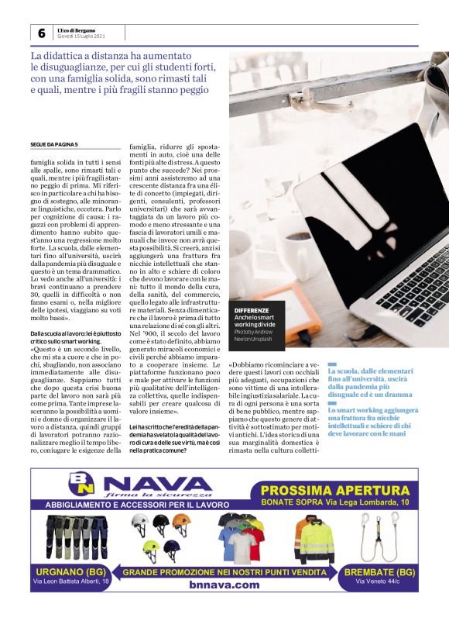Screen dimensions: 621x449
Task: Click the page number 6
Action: (40, 33)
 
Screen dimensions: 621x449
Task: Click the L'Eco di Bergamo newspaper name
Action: (81, 29)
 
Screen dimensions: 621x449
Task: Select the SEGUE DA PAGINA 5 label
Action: (54, 145)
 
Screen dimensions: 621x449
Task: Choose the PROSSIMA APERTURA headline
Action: (335, 490)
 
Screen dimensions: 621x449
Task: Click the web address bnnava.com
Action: (224, 585)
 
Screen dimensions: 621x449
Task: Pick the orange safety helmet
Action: (180, 523)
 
